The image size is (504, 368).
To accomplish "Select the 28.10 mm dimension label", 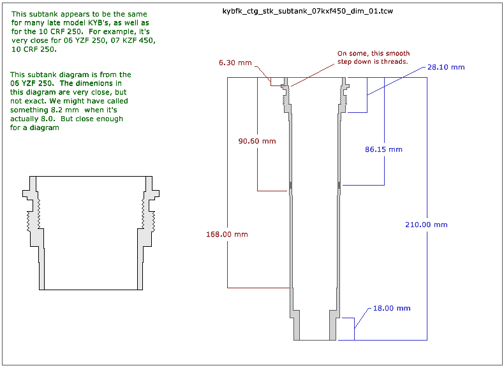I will [446, 67].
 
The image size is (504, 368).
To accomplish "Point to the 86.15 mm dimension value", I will [383, 149].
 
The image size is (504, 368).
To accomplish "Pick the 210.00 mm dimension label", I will [426, 224].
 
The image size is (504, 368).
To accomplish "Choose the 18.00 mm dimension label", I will [392, 308].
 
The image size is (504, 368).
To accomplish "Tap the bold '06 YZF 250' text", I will [31, 84].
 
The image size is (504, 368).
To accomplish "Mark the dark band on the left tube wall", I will [291, 186].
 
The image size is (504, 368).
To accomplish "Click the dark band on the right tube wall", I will [339, 186].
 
